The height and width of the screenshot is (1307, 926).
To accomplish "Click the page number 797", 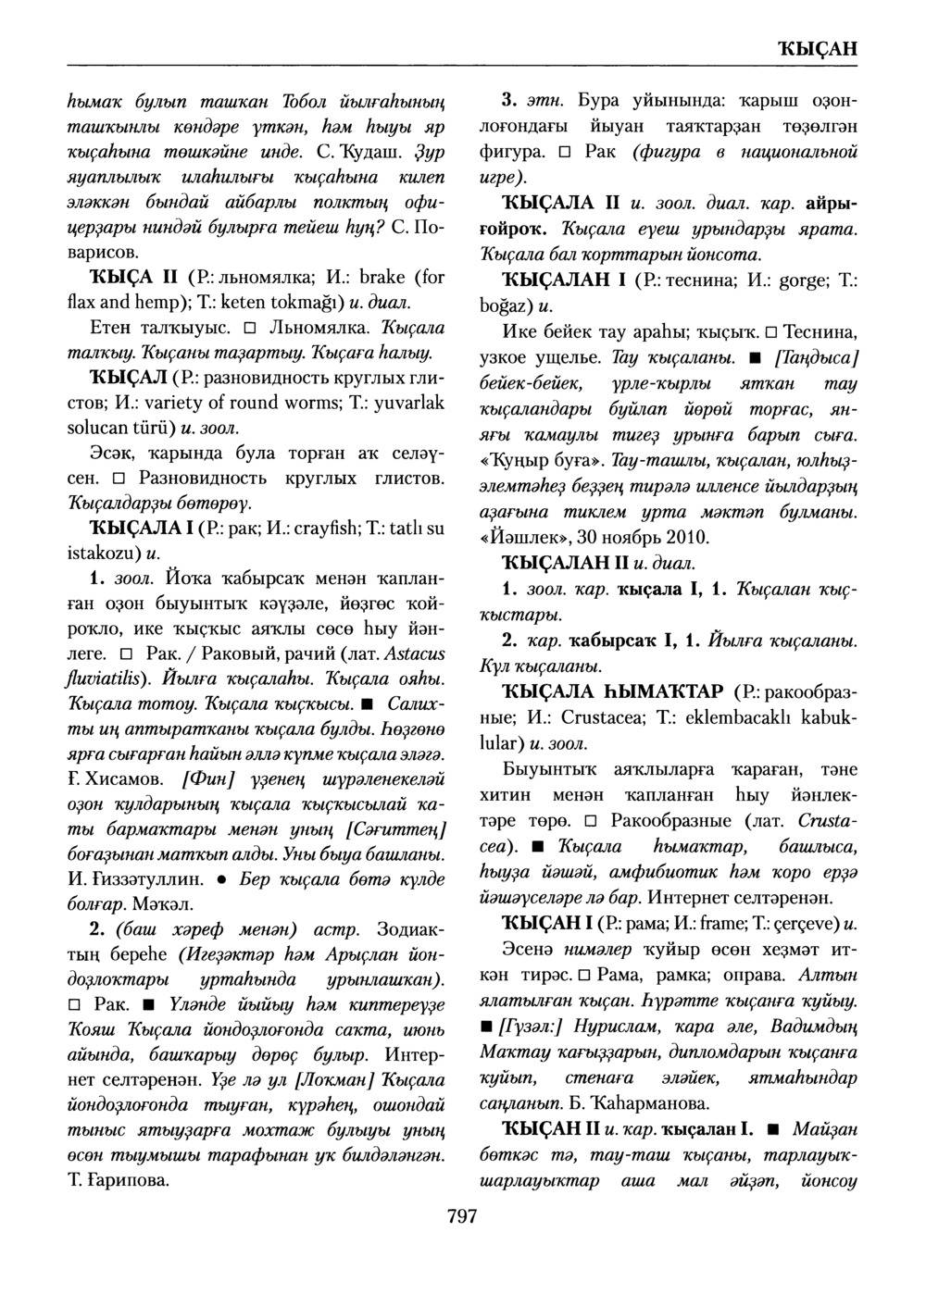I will tap(461, 1215).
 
